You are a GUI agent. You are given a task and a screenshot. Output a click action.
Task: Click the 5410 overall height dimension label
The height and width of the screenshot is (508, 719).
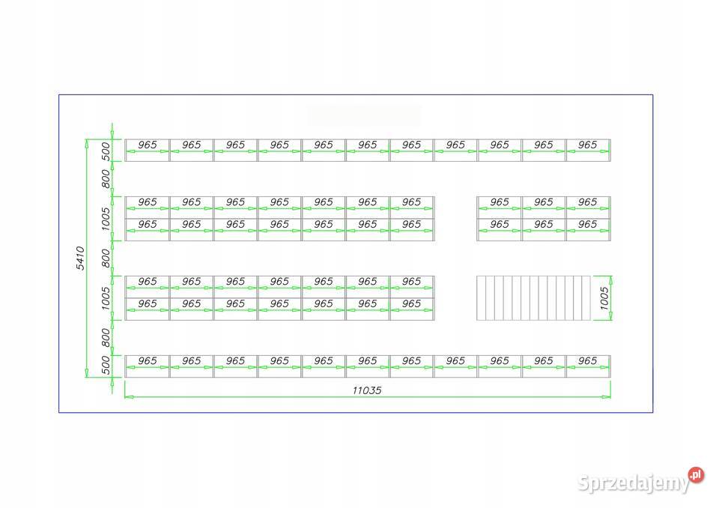pyautogui.click(x=80, y=258)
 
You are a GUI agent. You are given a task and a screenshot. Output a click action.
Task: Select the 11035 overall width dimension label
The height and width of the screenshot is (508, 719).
pyautogui.click(x=367, y=390)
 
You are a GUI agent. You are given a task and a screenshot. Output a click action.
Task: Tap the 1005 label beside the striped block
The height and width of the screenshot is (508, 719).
pyautogui.click(x=604, y=298)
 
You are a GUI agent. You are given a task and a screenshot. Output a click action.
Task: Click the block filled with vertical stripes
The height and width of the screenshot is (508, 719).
pyautogui.click(x=534, y=297)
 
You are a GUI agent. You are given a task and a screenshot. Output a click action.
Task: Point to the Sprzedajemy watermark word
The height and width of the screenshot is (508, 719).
pyautogui.click(x=634, y=483)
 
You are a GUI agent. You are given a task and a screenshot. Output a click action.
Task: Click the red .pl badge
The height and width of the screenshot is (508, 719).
pyautogui.click(x=696, y=475)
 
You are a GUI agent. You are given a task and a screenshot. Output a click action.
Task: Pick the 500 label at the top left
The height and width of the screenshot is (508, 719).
pyautogui.click(x=106, y=151)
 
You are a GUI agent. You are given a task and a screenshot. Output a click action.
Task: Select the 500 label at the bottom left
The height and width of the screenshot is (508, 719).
pyautogui.click(x=106, y=366)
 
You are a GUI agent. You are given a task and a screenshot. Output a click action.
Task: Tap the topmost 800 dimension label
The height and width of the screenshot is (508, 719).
pyautogui.click(x=106, y=179)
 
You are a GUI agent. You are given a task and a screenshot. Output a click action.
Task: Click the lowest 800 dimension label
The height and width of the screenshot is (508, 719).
pyautogui.click(x=106, y=338)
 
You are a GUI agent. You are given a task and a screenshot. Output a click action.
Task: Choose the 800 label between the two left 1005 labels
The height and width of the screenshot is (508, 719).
pyautogui.click(x=106, y=258)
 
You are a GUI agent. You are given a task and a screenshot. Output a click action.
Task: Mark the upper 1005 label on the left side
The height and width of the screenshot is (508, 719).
pyautogui.click(x=106, y=219)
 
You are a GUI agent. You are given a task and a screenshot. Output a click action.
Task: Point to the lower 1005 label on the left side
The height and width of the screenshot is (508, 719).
pyautogui.click(x=106, y=298)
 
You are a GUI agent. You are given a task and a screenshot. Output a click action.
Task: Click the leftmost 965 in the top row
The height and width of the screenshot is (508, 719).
pyautogui.click(x=148, y=145)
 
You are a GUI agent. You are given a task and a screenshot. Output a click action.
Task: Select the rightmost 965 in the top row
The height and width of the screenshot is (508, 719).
pyautogui.click(x=587, y=145)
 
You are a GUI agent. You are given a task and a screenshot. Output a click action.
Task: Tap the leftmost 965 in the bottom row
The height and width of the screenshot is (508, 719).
pyautogui.click(x=148, y=361)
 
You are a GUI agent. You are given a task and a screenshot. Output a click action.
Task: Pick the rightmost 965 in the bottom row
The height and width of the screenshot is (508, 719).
pyautogui.click(x=587, y=361)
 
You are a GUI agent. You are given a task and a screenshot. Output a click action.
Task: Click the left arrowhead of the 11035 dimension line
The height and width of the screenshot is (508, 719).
pyautogui.click(x=129, y=396)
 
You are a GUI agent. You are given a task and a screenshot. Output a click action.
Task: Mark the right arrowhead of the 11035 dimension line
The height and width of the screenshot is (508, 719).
pyautogui.click(x=606, y=396)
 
